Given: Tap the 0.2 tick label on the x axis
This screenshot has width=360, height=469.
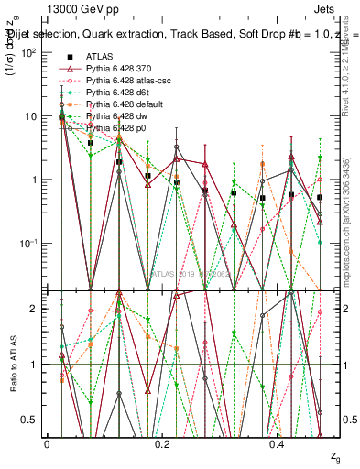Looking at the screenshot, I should [162, 442].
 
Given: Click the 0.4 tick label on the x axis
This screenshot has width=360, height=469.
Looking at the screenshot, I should [278, 442].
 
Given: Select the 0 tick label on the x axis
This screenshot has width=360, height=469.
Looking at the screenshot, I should [47, 442].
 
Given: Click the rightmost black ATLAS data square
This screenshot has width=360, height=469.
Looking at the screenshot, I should [321, 197].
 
